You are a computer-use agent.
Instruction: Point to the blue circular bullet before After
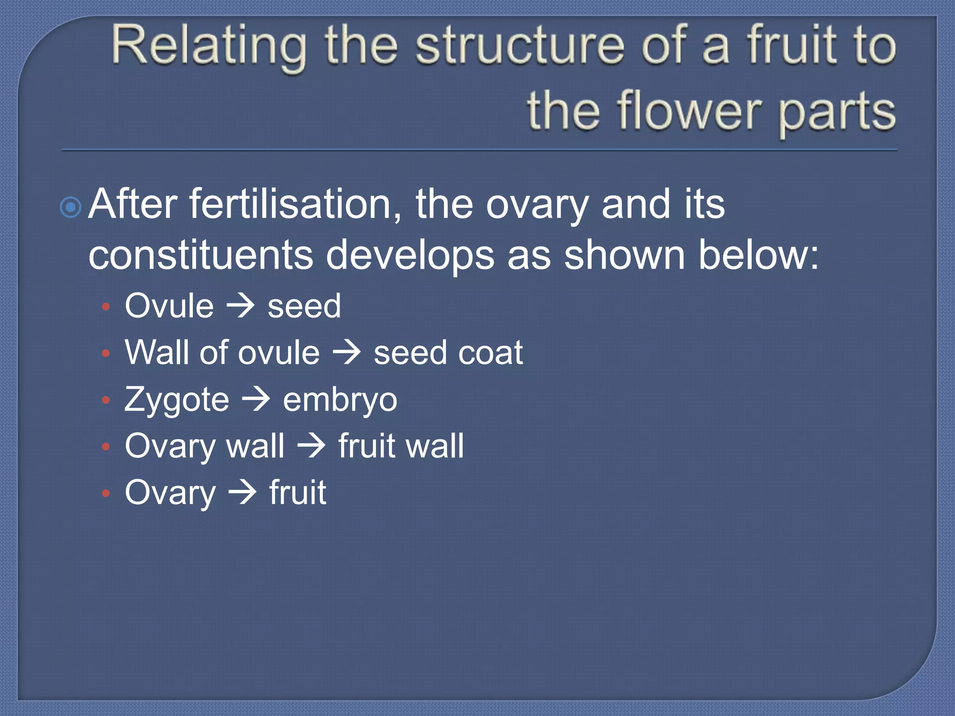71,207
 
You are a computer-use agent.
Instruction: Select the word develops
409,256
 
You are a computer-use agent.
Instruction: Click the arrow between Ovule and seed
241,306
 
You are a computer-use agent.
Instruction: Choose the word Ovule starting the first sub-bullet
169,306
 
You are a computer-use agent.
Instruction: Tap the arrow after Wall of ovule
346,353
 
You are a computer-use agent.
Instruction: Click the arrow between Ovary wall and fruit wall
311,446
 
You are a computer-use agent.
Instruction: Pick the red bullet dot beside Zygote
106,400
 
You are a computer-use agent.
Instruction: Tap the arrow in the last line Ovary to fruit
242,493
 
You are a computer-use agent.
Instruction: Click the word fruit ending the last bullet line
298,493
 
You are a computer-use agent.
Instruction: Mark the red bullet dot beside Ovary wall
106,447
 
